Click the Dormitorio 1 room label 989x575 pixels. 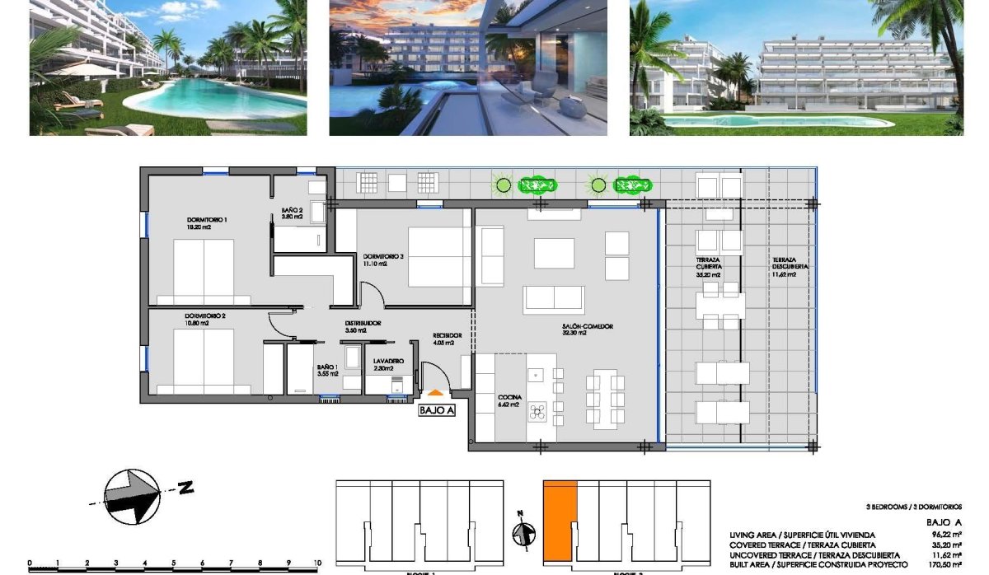pyautogui.click(x=206, y=220)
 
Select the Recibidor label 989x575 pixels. pyautogui.click(x=447, y=335)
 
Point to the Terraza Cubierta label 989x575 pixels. pyautogui.click(x=708, y=263)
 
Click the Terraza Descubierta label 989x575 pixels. pyautogui.click(x=790, y=263)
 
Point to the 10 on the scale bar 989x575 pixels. pyautogui.click(x=316, y=564)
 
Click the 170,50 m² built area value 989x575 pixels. pyautogui.click(x=944, y=566)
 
